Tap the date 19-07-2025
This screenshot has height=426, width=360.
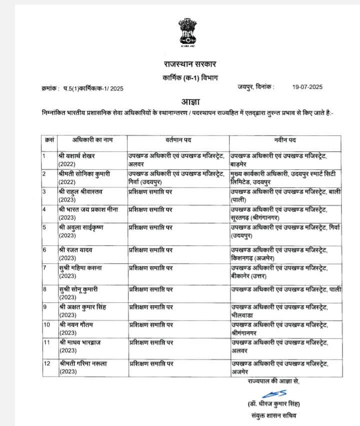(x=307, y=87)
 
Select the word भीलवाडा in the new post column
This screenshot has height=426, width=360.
(x=243, y=315)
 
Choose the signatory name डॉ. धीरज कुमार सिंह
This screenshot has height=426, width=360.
(x=274, y=404)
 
